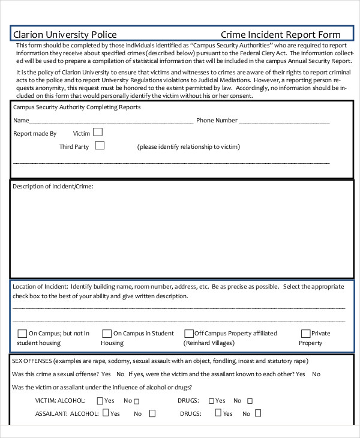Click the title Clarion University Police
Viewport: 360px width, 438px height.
pos(65,35)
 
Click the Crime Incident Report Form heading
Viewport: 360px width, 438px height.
pos(281,35)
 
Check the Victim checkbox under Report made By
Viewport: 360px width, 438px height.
pos(98,132)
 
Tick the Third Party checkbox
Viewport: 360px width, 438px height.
pos(100,145)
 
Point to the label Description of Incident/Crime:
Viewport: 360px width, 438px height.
pos(53,187)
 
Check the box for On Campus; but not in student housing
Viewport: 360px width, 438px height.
pos(22,334)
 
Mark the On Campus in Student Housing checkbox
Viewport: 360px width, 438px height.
pos(107,334)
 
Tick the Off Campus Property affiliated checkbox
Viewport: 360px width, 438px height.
pos(189,334)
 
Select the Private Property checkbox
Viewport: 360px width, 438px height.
pos(305,334)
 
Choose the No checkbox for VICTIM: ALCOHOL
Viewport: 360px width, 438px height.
pos(136,401)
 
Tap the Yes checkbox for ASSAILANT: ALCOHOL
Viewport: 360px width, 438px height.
pos(106,413)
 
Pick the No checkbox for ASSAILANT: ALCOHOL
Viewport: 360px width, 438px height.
pos(152,413)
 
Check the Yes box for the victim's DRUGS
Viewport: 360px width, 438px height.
pos(211,401)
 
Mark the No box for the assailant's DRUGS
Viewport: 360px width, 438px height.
pos(259,413)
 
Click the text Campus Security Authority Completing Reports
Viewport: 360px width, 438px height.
pos(77,107)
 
